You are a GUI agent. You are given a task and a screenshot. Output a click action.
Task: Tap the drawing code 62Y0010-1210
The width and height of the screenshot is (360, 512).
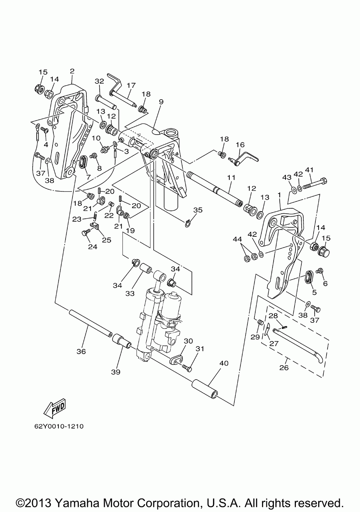coord(59,426)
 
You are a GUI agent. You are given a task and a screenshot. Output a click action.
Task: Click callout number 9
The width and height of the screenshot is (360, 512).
coord(161,102)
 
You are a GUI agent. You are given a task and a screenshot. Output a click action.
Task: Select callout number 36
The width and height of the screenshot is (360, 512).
coord(81,351)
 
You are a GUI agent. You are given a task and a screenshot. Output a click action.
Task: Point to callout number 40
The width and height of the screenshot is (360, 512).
coord(224,363)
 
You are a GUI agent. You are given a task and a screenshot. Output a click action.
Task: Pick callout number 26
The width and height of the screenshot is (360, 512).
coord(284,368)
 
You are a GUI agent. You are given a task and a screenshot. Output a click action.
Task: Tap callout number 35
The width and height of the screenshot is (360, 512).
coord(198,210)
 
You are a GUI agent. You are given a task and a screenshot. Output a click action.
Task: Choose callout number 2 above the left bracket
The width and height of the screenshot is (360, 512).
coord(72,71)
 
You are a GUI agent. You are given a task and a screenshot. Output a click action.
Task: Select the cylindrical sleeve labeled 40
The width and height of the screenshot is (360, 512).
coord(205,389)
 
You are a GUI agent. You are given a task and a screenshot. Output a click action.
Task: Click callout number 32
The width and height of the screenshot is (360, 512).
coord(99,81)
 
